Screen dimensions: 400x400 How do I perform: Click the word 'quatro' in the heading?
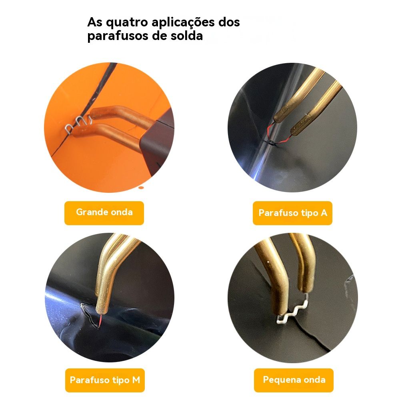click(127, 23)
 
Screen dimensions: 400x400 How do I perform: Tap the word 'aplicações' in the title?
click(183, 23)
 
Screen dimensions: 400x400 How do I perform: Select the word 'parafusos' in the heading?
click(118, 36)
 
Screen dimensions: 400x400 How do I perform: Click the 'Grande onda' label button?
click(104, 213)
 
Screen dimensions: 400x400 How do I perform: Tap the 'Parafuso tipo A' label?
click(292, 213)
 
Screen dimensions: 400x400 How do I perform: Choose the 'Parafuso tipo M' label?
click(105, 380)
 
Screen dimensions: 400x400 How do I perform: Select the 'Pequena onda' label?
click(294, 380)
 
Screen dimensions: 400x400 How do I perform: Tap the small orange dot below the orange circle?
click(141, 188)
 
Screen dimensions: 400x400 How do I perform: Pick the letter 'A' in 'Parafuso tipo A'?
click(324, 213)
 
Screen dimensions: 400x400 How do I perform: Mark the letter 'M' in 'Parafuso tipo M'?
click(136, 380)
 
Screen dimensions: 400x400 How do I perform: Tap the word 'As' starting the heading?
click(95, 22)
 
